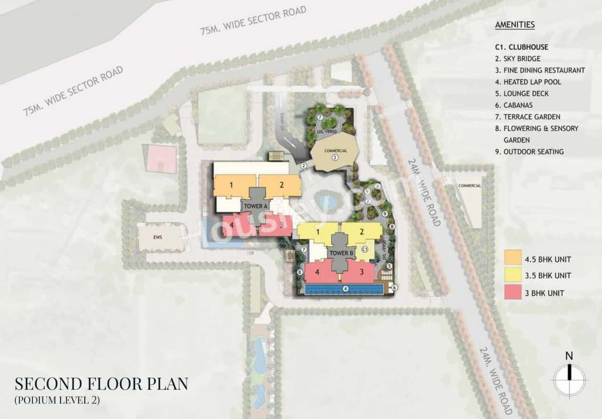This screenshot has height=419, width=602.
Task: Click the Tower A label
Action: [256, 206]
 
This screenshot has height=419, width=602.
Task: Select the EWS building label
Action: [157, 237]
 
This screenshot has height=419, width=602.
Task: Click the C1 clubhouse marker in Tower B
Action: [364, 249]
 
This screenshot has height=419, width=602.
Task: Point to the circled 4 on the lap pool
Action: [345, 289]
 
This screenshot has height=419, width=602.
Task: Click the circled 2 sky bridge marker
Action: [304, 165]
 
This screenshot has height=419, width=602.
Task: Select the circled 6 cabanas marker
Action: [394, 287]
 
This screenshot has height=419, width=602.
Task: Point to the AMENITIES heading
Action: [515, 25]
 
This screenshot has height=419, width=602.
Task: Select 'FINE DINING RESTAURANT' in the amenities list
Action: [539, 71]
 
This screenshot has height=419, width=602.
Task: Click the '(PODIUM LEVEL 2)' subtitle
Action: [57, 401]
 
